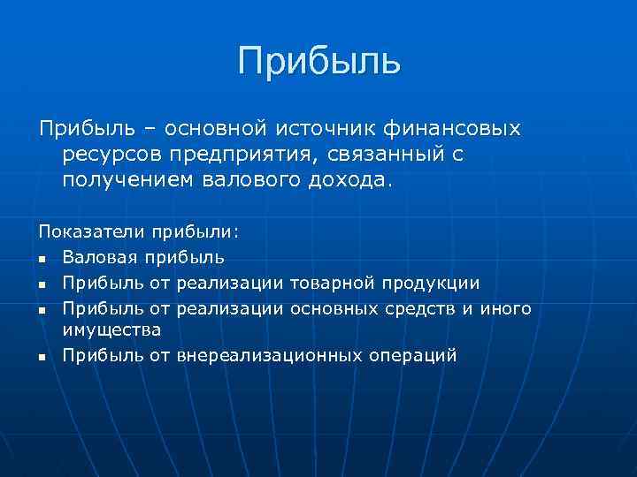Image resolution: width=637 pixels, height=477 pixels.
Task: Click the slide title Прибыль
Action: (318, 61)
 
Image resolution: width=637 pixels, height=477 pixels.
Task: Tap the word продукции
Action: (431, 284)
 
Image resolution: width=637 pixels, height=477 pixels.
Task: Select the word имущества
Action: (111, 329)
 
